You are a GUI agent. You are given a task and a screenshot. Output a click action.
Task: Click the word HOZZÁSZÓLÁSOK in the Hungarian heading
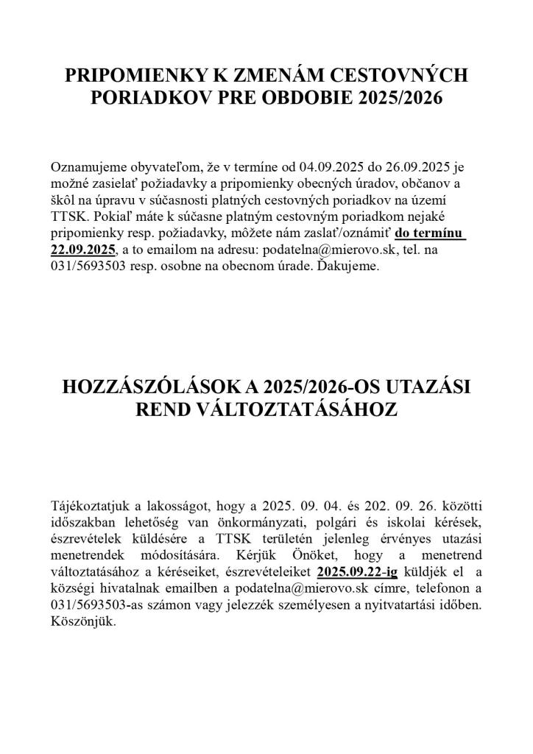click(150, 388)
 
